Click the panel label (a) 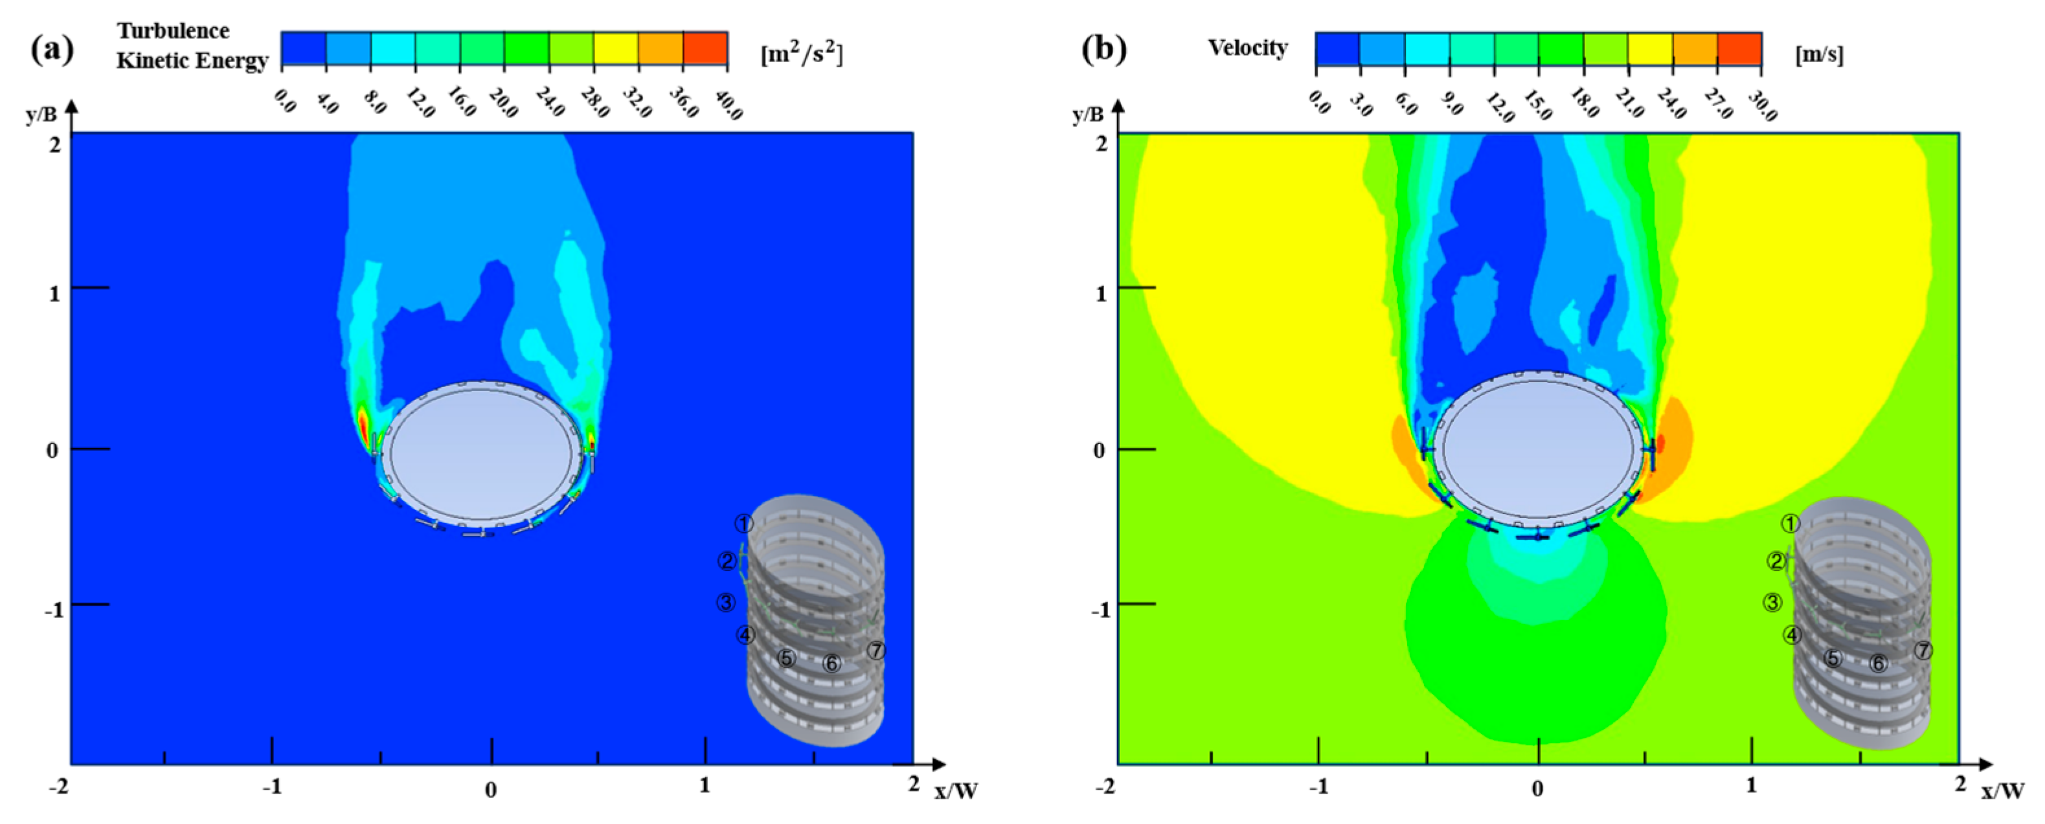pyautogui.click(x=52, y=49)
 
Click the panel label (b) pyautogui.click(x=1103, y=49)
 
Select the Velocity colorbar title pyautogui.click(x=1247, y=48)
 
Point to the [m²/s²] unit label pyautogui.click(x=801, y=54)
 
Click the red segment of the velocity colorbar pyautogui.click(x=1739, y=49)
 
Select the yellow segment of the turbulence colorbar pyautogui.click(x=615, y=49)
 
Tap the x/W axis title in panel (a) pyautogui.click(x=956, y=790)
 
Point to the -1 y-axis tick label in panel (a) pyautogui.click(x=52, y=610)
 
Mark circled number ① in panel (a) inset pyautogui.click(x=743, y=524)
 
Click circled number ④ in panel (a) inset pyautogui.click(x=745, y=635)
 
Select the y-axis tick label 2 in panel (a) pyautogui.click(x=54, y=144)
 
